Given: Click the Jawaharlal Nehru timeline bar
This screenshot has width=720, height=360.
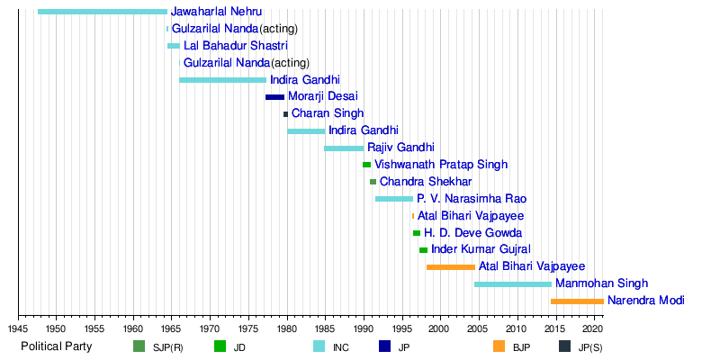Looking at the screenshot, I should [x=103, y=12].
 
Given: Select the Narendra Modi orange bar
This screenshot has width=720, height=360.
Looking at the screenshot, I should [x=577, y=301].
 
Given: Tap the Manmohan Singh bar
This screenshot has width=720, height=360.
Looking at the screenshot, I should [x=513, y=284].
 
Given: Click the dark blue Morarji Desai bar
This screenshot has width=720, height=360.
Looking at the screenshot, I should [x=274, y=97].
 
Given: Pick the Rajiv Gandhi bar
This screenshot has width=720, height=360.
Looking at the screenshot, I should [x=344, y=148].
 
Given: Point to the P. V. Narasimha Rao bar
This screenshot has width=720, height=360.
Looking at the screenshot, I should [x=394, y=199].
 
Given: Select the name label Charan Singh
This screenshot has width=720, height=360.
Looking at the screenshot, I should [x=328, y=114].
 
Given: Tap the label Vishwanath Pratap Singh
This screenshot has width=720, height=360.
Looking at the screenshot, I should [x=441, y=165].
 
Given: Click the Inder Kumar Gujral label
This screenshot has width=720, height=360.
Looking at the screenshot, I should [x=481, y=249].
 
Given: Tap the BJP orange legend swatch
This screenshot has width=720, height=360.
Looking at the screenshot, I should [x=499, y=346].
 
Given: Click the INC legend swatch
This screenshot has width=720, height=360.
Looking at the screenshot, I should [x=319, y=346].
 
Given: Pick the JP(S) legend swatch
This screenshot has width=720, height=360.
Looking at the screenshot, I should [x=564, y=346].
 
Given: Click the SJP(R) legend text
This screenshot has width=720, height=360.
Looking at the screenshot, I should [x=168, y=347].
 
